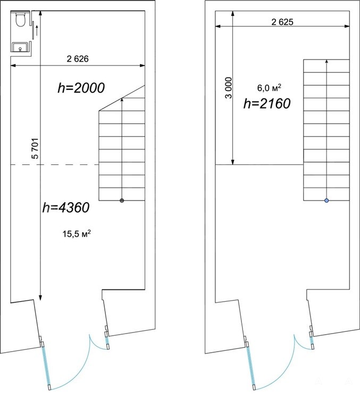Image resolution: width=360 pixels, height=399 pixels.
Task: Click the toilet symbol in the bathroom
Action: tap(20, 19)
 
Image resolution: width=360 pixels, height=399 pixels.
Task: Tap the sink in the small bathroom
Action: tap(20, 47)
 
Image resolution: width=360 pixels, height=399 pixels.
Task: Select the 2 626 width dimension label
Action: tap(78, 59)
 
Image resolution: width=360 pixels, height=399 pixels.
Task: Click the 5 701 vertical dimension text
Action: tap(35, 148)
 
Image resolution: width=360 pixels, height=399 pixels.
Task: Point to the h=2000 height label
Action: tap(81, 88)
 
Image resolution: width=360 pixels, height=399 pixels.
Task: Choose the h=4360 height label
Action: tap(66, 207)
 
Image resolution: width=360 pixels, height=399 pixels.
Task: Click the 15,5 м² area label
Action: tap(77, 234)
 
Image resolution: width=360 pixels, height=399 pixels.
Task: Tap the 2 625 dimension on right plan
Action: tap(282, 22)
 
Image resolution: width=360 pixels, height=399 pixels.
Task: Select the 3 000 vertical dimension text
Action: tap(229, 88)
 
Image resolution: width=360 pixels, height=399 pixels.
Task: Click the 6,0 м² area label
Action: tap(269, 88)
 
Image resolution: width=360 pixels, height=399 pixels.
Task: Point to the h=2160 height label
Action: tap(267, 104)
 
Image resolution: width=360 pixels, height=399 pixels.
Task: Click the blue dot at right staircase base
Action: tap(326, 201)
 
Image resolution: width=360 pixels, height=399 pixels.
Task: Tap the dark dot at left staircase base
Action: tap(122, 201)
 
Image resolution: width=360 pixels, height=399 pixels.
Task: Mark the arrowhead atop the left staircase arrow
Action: tap(122, 99)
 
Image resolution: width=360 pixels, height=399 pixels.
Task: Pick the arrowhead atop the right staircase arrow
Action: tap(326, 61)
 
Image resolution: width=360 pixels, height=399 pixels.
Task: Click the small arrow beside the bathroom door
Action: tap(37, 30)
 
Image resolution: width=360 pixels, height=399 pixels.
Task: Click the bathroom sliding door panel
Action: tap(34, 30)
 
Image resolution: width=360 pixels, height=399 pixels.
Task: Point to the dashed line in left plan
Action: tap(54, 164)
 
